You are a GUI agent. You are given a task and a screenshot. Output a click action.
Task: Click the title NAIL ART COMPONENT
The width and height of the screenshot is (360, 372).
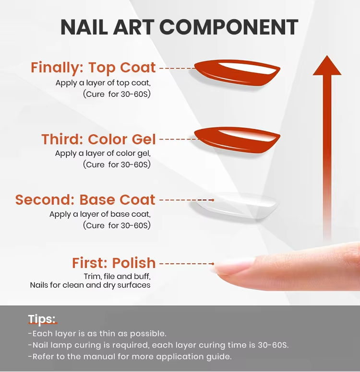click(x=180, y=27)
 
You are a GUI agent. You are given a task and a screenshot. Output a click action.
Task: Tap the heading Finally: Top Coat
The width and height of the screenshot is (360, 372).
click(x=93, y=68)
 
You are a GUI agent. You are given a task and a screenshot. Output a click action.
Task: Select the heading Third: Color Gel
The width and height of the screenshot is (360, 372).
click(x=98, y=139)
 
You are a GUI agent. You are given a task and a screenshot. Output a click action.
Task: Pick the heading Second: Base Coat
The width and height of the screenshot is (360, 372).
click(x=85, y=199)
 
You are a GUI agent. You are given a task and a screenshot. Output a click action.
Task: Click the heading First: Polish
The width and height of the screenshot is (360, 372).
click(x=114, y=263)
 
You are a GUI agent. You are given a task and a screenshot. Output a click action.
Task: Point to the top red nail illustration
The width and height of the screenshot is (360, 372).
click(x=237, y=72)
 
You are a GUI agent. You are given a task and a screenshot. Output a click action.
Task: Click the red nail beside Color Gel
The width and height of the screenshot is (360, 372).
click(x=237, y=140)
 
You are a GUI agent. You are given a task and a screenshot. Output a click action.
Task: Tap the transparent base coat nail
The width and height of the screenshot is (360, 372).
click(x=237, y=206)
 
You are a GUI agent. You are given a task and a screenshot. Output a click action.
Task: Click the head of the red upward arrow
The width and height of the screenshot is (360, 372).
click(x=327, y=67)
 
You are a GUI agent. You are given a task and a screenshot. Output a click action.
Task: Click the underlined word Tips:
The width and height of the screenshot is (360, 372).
click(x=42, y=319)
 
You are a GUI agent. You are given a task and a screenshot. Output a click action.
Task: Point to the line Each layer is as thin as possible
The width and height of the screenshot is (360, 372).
click(x=97, y=334)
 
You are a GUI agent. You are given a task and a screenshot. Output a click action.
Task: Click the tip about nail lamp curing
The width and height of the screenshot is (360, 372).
click(x=158, y=345)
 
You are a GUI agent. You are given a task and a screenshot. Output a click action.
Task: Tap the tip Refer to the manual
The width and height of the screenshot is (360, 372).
click(x=130, y=356)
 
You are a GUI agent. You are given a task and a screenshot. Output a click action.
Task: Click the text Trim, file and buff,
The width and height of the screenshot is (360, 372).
click(x=117, y=277)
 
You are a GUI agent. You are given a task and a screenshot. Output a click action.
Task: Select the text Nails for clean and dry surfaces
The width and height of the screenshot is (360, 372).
click(x=90, y=285)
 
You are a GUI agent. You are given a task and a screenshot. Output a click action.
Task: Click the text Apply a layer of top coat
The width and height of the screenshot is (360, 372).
click(x=103, y=83)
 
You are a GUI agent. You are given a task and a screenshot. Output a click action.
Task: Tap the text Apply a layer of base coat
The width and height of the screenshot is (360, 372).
click(x=100, y=214)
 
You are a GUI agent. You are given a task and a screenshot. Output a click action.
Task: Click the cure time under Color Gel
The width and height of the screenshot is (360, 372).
click(x=117, y=164)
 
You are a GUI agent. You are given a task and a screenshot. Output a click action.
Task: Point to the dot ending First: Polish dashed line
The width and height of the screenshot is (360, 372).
click(x=213, y=264)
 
